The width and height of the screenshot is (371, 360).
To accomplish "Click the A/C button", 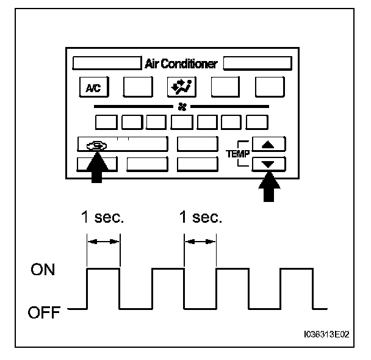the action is coord(93,88).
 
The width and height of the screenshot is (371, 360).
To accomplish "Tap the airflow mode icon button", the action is coord(181,88).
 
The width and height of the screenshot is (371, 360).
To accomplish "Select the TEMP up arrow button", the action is coord(268,145).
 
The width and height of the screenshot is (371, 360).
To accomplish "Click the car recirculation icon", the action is coord(96,145).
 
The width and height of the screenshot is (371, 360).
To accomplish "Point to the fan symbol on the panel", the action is coord(181,106).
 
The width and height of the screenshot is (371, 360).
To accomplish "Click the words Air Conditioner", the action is coord(181,63).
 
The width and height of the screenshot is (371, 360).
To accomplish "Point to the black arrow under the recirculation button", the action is coord(96,168).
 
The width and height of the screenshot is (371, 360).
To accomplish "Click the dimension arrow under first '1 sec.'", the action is coord(104,242).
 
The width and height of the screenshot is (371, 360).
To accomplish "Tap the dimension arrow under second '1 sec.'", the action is coord(200,242).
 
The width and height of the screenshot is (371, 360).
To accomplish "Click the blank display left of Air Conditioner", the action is coord(107,63).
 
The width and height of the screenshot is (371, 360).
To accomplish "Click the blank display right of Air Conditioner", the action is coord(258,63).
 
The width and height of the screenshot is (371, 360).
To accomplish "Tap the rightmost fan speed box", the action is coord(258,121).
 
